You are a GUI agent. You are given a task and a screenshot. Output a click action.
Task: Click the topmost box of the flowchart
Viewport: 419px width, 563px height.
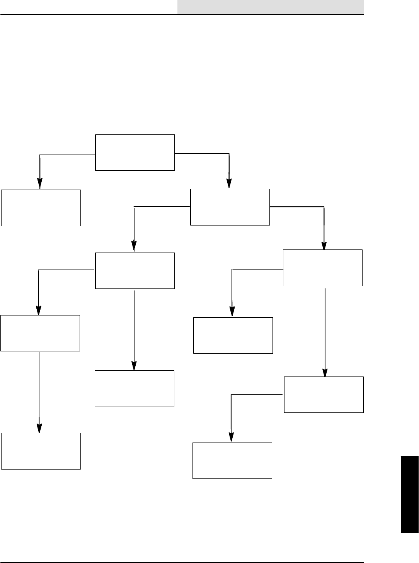(x=135, y=153)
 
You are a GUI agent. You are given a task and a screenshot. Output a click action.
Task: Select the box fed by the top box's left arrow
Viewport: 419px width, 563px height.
(x=41, y=208)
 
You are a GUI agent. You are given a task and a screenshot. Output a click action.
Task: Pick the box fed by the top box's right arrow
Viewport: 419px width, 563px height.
(x=230, y=207)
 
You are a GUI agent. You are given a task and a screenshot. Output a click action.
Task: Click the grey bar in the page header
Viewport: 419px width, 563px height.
(x=271, y=7)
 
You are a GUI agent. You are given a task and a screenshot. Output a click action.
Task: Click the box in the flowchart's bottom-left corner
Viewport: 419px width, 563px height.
(x=41, y=451)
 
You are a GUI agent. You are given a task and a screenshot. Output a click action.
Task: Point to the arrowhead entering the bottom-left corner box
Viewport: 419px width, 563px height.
(x=39, y=428)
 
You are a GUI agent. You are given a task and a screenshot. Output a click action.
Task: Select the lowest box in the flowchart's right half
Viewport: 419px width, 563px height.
(x=232, y=461)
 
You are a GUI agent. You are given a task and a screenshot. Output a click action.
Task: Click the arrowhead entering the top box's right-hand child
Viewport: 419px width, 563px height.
(x=229, y=184)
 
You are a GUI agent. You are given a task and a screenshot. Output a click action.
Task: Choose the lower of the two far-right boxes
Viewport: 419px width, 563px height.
(x=324, y=395)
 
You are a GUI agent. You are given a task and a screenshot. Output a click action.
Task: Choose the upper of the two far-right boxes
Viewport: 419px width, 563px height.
(x=323, y=268)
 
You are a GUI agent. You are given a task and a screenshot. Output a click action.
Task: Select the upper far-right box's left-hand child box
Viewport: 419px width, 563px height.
(x=233, y=335)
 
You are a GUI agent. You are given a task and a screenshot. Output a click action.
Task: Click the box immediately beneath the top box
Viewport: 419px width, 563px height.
(x=135, y=271)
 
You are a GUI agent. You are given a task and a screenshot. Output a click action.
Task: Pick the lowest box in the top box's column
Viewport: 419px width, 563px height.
(x=135, y=388)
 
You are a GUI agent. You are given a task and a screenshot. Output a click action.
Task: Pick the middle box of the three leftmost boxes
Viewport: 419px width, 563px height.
(x=40, y=333)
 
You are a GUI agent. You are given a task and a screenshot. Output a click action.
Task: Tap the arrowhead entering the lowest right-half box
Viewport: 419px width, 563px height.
(x=231, y=437)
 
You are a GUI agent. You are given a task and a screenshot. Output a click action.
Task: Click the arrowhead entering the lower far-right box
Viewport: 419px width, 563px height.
(x=325, y=372)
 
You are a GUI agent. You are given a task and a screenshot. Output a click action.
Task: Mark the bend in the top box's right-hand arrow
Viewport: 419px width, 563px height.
(x=229, y=154)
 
